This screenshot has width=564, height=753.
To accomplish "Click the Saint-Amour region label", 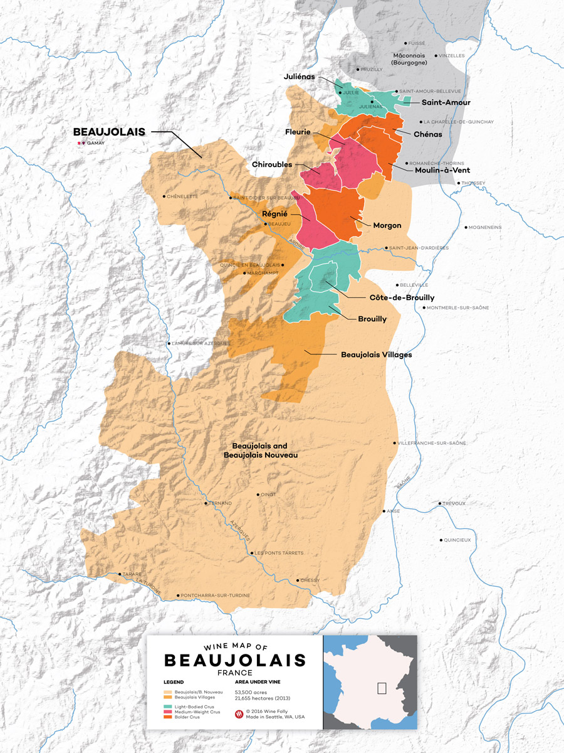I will (x=446, y=102).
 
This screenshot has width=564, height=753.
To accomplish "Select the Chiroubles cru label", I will (x=272, y=164).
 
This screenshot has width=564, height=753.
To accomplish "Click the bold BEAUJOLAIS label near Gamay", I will (x=109, y=132).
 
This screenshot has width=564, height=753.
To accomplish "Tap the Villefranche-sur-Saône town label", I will (x=432, y=443).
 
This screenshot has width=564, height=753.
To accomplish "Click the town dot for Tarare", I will (x=120, y=574).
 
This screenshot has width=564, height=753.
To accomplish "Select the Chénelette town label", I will (x=183, y=196).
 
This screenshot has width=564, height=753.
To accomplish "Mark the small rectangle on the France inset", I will (x=381, y=687).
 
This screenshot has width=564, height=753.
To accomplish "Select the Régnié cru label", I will (x=275, y=214).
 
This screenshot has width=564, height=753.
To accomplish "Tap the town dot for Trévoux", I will (x=440, y=503).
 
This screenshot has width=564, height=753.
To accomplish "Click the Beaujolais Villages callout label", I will (x=376, y=355).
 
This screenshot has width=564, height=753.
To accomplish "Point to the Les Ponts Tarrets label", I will (x=279, y=553).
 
